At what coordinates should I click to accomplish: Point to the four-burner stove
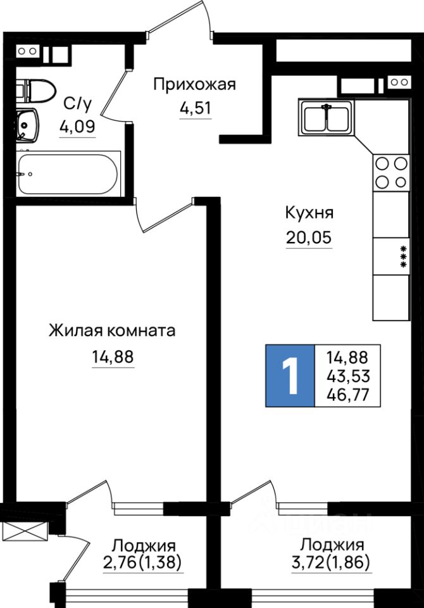pyautogui.click(x=391, y=172)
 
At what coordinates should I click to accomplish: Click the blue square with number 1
pyautogui.click(x=290, y=376)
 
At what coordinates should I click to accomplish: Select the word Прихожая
pyautogui.click(x=195, y=84)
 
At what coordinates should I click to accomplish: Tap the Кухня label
pyautogui.click(x=309, y=213)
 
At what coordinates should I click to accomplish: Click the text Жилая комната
pyautogui.click(x=112, y=331)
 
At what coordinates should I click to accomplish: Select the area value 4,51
pyautogui.click(x=195, y=108)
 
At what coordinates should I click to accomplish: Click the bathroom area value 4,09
pyautogui.click(x=77, y=126)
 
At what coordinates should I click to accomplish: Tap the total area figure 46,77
pyautogui.click(x=349, y=396)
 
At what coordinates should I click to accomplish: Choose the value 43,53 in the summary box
pyautogui.click(x=349, y=376)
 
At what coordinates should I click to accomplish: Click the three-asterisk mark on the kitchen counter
pyautogui.click(x=402, y=256)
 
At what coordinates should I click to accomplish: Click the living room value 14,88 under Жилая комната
pyautogui.click(x=113, y=357)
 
